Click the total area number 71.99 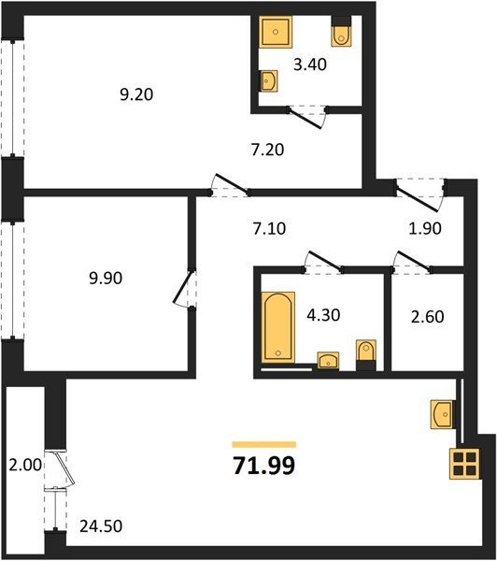pos(264,466)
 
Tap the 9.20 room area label pos(136,94)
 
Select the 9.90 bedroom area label pos(106,278)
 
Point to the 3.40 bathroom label pos(310,65)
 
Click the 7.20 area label pos(268,150)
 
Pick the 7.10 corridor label pos(269,229)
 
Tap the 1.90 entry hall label pos(425,228)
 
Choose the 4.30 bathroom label pos(323,315)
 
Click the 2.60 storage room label pos(428,317)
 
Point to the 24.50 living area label pos(101,526)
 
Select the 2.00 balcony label pos(25,465)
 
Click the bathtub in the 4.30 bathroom pos(277,327)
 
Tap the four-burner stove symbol pos(464,464)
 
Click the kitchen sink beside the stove pos(443,414)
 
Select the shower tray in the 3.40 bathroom pos(276,32)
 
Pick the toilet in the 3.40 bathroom pos(342,32)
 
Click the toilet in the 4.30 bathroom pos(366,355)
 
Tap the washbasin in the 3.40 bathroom pos(268,80)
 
